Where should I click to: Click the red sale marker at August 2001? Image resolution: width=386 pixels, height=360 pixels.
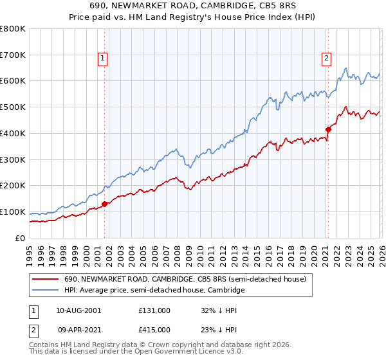tap(104, 204)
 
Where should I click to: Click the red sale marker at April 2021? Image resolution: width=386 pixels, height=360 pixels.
tap(328, 129)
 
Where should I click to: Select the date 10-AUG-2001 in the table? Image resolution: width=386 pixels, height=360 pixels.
tap(78, 310)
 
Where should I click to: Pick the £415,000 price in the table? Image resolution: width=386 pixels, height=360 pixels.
tap(154, 329)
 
